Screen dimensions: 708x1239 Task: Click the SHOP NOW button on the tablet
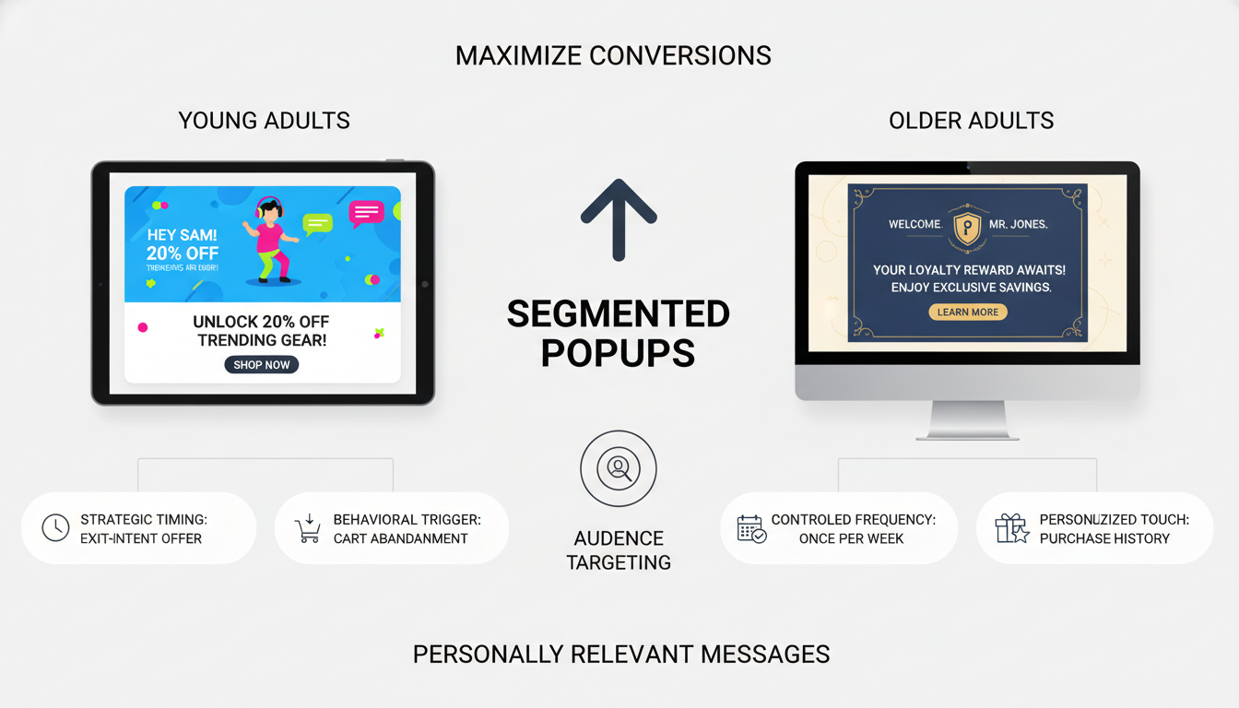tap(261, 365)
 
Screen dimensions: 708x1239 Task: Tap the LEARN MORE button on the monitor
tap(967, 313)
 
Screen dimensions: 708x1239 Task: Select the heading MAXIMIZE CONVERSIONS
tap(613, 55)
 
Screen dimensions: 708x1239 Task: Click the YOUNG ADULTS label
tap(264, 120)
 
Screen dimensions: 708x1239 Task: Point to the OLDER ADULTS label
tap(971, 120)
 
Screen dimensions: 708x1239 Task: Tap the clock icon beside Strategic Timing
tap(55, 528)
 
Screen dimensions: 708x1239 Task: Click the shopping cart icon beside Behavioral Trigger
tap(307, 528)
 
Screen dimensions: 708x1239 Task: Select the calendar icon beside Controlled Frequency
tap(751, 528)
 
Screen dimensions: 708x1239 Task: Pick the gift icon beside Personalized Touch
tap(1011, 528)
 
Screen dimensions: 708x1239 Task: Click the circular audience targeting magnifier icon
tap(619, 469)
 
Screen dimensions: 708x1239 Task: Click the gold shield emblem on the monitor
tap(966, 226)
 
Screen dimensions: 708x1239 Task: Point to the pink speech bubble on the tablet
tap(366, 213)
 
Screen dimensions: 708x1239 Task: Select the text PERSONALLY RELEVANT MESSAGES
tap(621, 655)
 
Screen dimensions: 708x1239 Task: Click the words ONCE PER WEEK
tap(851, 538)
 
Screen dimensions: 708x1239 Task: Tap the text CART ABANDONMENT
tap(400, 538)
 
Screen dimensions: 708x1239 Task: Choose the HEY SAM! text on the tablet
tap(182, 236)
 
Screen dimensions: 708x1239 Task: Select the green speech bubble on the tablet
tap(317, 223)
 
